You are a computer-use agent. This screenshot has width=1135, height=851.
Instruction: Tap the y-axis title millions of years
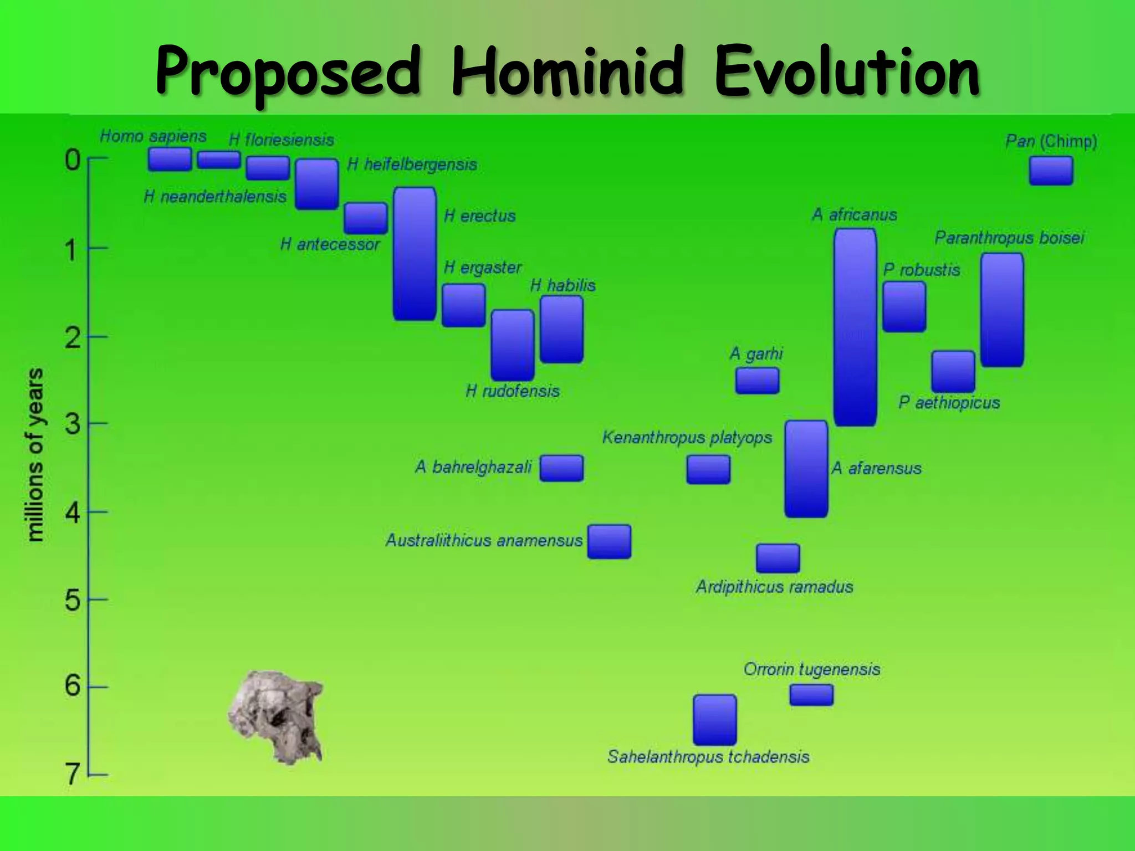[35, 454]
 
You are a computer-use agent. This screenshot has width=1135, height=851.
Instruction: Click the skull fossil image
[275, 715]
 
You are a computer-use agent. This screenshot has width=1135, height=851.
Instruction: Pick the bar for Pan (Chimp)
[1051, 171]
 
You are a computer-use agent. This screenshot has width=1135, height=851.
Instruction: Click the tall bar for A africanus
[855, 327]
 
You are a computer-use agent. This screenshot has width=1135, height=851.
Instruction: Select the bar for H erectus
[415, 254]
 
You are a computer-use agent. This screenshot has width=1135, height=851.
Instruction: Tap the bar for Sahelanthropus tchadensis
[714, 719]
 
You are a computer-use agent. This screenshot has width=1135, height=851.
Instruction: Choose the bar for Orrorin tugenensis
[811, 695]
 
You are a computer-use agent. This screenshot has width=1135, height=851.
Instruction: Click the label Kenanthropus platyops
[687, 438]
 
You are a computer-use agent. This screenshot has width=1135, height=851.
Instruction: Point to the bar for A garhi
[757, 381]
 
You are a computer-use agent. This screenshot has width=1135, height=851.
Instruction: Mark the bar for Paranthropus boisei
[1001, 310]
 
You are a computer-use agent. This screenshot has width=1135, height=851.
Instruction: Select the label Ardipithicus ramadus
[774, 587]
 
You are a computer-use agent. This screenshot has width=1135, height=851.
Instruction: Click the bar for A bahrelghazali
[561, 468]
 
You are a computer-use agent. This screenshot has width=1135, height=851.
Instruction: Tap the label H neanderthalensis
[215, 196]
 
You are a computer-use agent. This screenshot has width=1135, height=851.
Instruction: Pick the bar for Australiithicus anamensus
[609, 541]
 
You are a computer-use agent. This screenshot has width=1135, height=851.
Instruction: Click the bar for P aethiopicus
[953, 371]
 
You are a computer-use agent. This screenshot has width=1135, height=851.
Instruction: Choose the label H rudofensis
[512, 391]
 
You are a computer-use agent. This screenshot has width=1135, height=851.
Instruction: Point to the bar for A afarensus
[806, 469]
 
